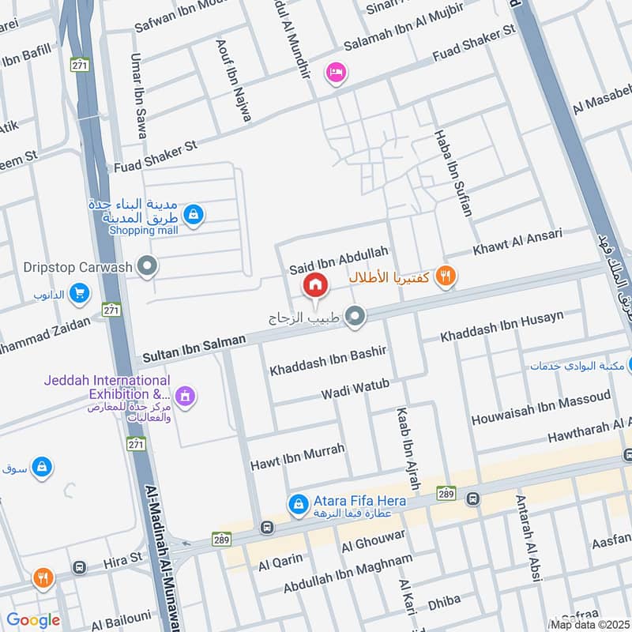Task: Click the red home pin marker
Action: click(314, 285)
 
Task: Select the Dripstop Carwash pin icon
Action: click(146, 267)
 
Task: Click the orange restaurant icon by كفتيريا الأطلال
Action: click(446, 276)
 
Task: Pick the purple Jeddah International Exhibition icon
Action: click(185, 393)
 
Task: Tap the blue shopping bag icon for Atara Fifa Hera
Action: click(297, 502)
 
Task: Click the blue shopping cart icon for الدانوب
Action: click(78, 295)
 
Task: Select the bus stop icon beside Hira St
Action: click(79, 567)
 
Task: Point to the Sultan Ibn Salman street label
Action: click(194, 348)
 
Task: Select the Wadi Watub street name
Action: click(355, 389)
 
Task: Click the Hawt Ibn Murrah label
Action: click(297, 456)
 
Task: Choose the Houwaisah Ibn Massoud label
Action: click(541, 408)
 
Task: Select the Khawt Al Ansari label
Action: click(517, 243)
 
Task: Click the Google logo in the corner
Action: click(33, 620)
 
